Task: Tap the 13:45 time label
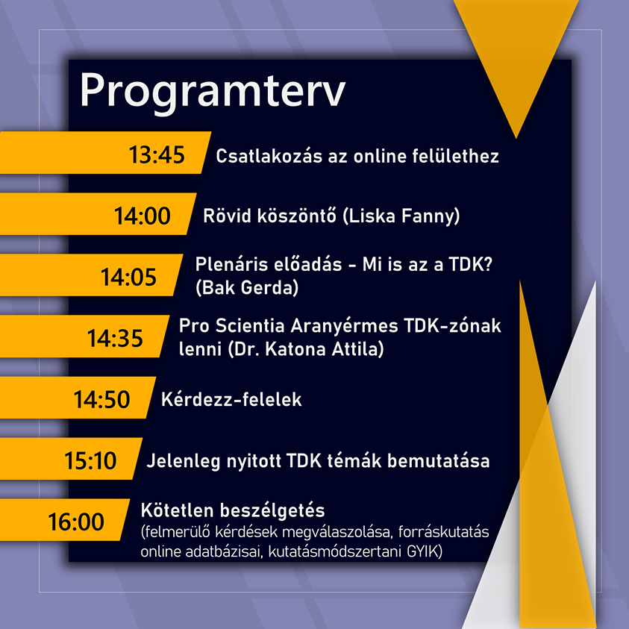click(157, 155)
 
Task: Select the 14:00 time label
click(143, 216)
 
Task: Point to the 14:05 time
click(128, 278)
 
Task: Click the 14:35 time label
click(115, 338)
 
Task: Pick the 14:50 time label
click(102, 399)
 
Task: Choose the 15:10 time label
click(90, 460)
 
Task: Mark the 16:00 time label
click(76, 522)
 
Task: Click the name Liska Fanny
click(402, 216)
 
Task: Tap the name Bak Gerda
click(247, 288)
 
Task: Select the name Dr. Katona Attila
click(306, 349)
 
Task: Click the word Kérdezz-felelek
click(231, 399)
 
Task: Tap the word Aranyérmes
click(344, 326)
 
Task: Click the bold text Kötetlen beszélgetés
click(233, 511)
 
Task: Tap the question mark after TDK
click(487, 265)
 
